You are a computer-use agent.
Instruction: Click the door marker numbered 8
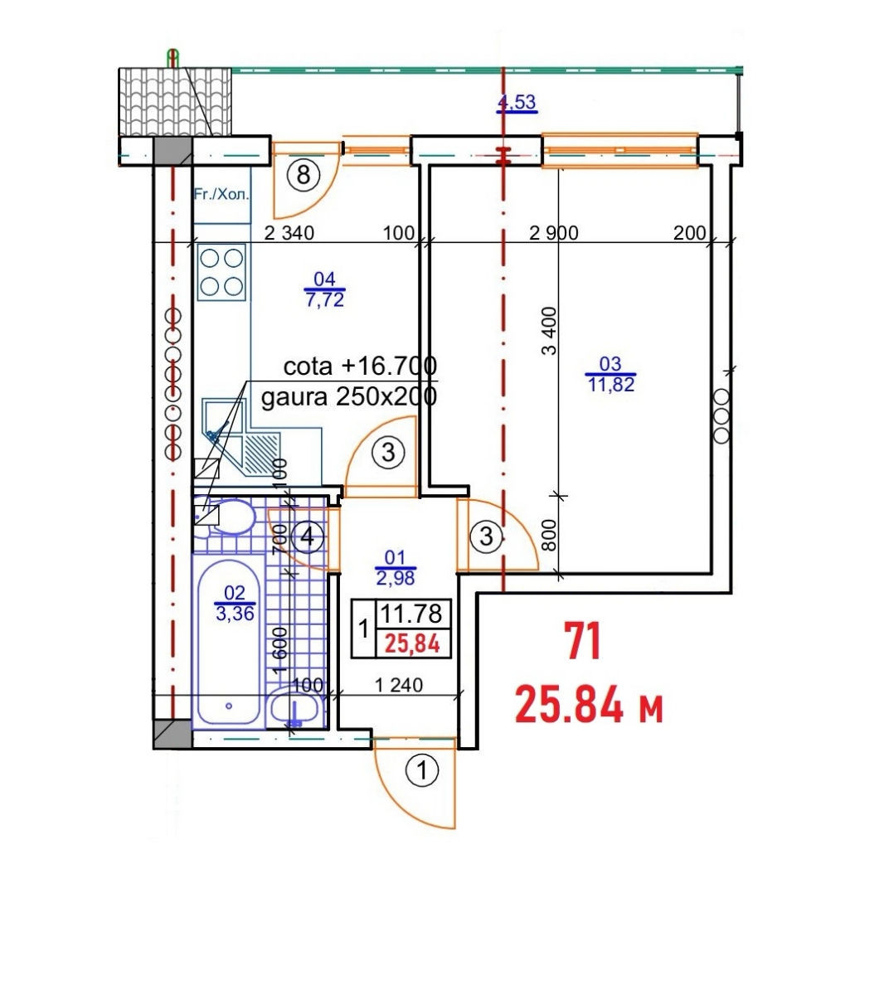coord(304,175)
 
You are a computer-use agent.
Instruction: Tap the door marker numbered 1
coord(422,770)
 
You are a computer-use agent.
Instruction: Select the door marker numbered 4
coord(307,536)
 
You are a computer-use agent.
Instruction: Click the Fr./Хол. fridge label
coord(222,194)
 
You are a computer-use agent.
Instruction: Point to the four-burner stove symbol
coord(221,272)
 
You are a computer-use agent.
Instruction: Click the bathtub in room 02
coord(228,643)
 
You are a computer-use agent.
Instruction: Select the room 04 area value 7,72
coord(324,299)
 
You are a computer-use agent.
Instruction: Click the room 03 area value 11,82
coord(611,385)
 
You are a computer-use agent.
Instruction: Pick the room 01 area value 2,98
coord(396,578)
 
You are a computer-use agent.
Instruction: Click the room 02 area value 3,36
coord(235,614)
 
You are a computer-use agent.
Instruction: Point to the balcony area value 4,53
coord(517,102)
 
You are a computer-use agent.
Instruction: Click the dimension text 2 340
coord(289,233)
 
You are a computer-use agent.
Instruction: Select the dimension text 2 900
coord(553,233)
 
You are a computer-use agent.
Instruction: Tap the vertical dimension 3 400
coord(549,331)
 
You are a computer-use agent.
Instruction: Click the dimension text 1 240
coord(398,685)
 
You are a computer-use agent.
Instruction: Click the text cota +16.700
coord(360,366)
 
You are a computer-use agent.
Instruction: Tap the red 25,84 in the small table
coord(412,643)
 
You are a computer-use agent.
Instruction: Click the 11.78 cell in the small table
coord(411,614)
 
